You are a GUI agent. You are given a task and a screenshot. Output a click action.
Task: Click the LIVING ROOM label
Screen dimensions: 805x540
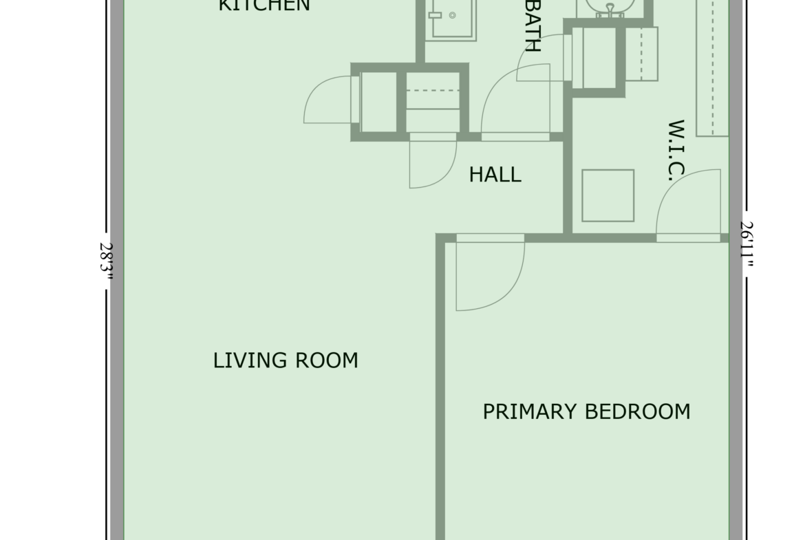(x=286, y=360)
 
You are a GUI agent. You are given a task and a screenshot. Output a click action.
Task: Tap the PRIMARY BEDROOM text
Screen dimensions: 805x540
(x=586, y=411)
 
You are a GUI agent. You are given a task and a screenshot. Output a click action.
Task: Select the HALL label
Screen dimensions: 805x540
(x=495, y=175)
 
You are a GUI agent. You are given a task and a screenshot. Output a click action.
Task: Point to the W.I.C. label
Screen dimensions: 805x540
(x=676, y=151)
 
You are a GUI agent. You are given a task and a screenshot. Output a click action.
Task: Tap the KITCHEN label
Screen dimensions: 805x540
(x=264, y=6)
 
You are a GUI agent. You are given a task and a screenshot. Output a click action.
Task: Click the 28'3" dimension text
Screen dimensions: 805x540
(x=106, y=261)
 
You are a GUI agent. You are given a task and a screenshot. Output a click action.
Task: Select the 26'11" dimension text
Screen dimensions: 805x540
(x=747, y=244)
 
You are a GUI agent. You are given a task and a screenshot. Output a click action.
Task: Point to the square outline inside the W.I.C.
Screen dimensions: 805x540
(x=608, y=195)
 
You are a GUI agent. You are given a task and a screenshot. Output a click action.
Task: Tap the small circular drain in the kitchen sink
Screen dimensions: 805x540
(x=452, y=15)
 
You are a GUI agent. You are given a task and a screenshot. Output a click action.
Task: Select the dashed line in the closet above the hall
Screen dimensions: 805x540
(x=433, y=91)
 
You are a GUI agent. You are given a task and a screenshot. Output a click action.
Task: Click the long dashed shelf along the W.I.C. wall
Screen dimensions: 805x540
(x=713, y=66)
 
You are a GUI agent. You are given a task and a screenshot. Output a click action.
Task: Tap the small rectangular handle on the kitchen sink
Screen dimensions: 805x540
(x=436, y=15)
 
